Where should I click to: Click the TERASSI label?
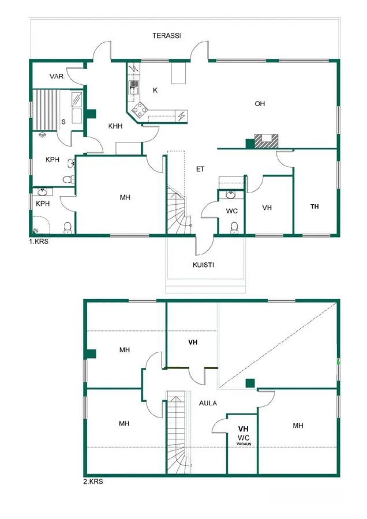(167, 36)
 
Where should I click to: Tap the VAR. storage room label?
(57, 77)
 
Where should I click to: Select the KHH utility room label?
(115, 126)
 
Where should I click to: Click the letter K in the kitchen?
(155, 90)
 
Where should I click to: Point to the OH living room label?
(260, 104)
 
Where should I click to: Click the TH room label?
(314, 206)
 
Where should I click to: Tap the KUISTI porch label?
(203, 265)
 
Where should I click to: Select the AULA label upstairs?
(208, 403)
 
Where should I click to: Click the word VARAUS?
(244, 444)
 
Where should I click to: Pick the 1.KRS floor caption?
(39, 242)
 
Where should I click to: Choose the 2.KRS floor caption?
(93, 482)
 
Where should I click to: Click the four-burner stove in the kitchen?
(140, 110)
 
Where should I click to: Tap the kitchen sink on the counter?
(134, 88)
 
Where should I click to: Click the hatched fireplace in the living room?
(267, 141)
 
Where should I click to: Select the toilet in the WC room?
(234, 228)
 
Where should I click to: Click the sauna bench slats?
(46, 110)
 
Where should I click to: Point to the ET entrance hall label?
(200, 169)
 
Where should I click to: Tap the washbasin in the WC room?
(231, 195)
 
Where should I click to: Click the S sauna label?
(63, 122)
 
